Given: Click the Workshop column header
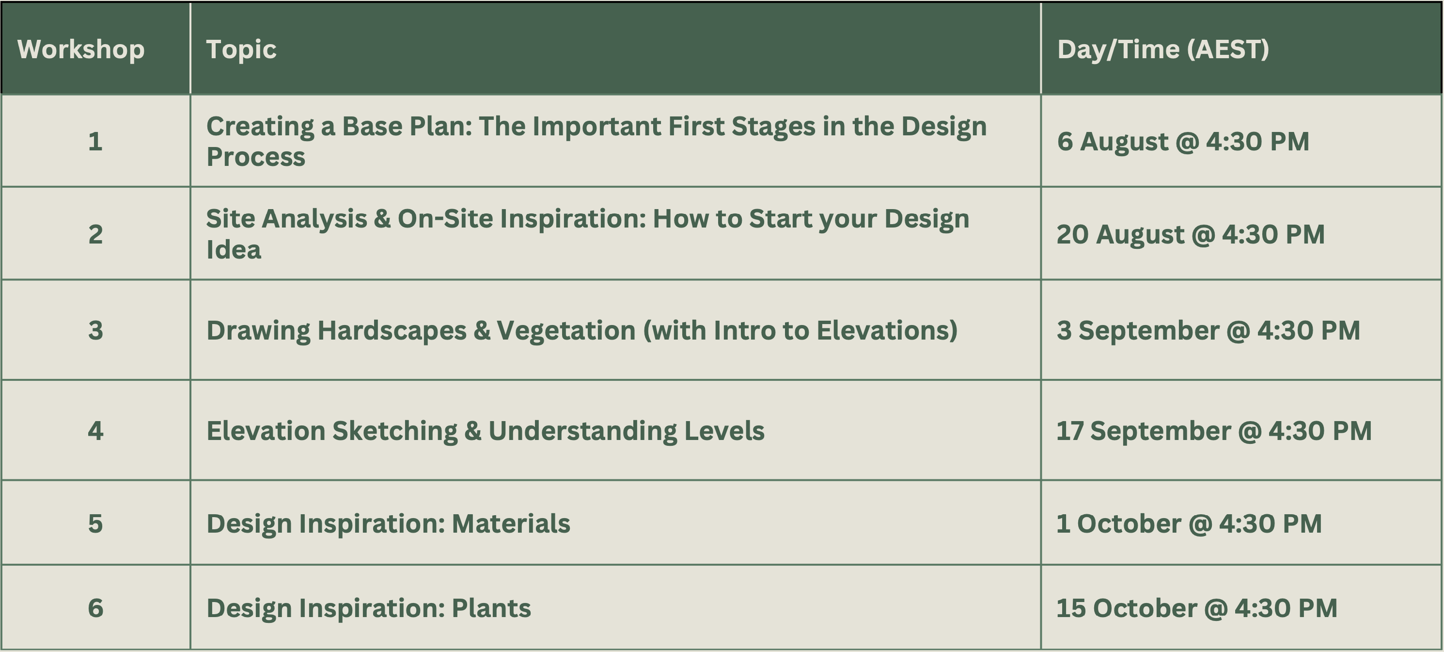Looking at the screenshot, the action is coord(81,49).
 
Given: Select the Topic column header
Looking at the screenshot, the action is coord(241,50).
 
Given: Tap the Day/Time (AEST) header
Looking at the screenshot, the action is coord(1162,49).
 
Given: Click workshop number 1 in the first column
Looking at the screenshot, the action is coord(95,141).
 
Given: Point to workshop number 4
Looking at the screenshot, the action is coord(95,430).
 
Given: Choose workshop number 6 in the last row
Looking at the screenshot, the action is coord(95,608).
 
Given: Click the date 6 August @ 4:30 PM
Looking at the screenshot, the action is coord(1183,141).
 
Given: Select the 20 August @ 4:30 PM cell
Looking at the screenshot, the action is coord(1191,234).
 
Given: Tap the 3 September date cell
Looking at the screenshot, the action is coord(1208,330).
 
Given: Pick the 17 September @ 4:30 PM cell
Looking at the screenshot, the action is coord(1214,431).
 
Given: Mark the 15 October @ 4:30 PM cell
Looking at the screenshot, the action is coord(1197,608).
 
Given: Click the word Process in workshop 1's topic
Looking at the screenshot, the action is coord(256,157).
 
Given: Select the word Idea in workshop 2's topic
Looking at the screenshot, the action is coord(233,250).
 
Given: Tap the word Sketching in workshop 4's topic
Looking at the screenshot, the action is coord(395,431).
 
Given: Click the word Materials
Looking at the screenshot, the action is coord(511,523).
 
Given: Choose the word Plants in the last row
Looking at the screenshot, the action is coord(491,608).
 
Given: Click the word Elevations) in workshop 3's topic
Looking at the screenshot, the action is coord(887,330).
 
